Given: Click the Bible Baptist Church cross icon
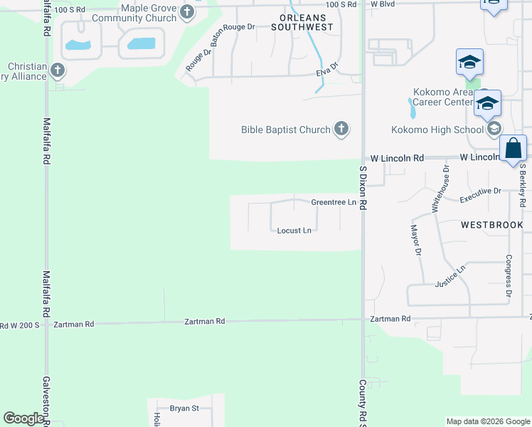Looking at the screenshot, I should point(341,129).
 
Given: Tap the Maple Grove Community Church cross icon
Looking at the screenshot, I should point(187,11).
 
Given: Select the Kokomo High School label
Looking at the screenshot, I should point(437,130).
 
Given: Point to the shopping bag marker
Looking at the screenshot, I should point(513,149).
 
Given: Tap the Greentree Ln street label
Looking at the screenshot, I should point(333,202).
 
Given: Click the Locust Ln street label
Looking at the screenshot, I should point(294,231).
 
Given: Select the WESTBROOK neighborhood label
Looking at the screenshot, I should point(491,225).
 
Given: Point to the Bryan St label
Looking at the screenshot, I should point(184,408).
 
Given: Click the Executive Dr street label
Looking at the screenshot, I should point(481,195).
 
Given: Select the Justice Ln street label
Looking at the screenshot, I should point(449,278).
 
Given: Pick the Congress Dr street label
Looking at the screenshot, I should point(509,276).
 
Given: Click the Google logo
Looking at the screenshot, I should point(23,418).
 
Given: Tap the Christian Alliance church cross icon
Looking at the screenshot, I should point(58,71).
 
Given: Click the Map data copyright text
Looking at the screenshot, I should point(488,421).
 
